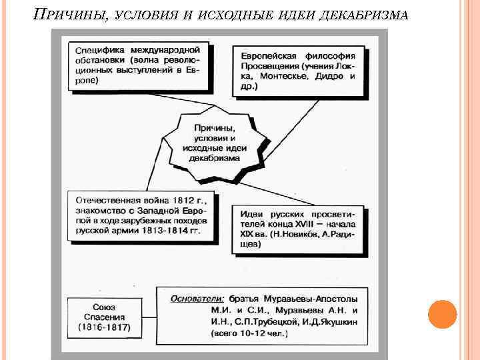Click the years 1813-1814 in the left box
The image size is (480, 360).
[x=158, y=230]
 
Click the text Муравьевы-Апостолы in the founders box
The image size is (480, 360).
[x=306, y=298]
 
